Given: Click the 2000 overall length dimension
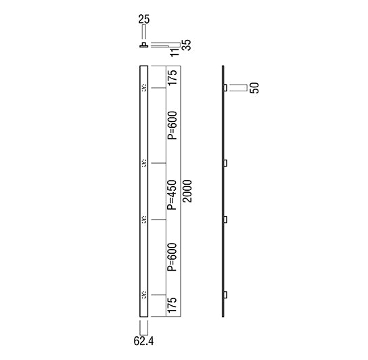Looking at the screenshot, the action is [188, 191].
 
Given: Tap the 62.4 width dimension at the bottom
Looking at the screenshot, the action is [143, 341].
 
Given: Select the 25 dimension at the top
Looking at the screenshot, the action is [144, 19].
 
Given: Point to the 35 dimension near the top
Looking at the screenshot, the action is [187, 45].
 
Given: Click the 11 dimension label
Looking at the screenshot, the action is [175, 52].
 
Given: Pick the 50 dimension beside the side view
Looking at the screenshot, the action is [254, 87].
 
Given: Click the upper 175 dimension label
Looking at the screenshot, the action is [172, 78].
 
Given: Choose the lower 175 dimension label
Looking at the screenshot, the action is [172, 305].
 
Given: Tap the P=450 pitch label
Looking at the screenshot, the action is [172, 195].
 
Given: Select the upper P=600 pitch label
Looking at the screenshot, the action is [172, 125].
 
